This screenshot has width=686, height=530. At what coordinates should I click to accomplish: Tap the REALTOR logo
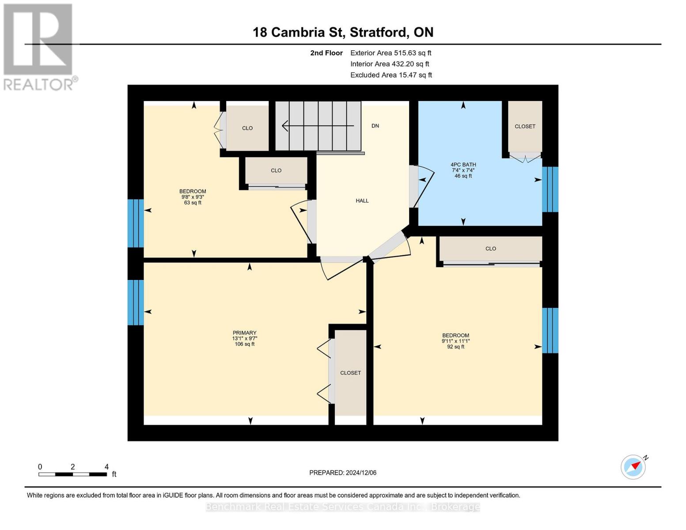pyautogui.click(x=39, y=46)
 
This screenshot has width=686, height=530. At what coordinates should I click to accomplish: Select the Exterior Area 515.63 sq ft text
pyautogui.click(x=390, y=53)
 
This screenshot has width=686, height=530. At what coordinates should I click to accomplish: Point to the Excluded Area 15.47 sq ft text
pyautogui.click(x=391, y=75)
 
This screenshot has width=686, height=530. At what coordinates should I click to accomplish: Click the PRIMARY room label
pyautogui.click(x=244, y=333)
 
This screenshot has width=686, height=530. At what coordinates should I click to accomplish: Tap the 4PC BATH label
pyautogui.click(x=463, y=165)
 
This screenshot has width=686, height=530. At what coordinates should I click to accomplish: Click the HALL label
pyautogui.click(x=362, y=201)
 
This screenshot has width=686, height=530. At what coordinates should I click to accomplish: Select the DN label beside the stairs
pyautogui.click(x=375, y=126)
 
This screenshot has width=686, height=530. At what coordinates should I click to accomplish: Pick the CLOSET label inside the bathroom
pyautogui.click(x=525, y=126)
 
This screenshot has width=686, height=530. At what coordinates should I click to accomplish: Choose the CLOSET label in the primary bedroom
pyautogui.click(x=350, y=373)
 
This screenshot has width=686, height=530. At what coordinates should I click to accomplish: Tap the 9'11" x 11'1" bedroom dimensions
pyautogui.click(x=455, y=341)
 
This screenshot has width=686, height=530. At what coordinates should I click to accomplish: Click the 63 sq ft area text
pyautogui.click(x=193, y=203)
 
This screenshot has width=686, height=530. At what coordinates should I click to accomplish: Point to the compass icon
pyautogui.click(x=633, y=466)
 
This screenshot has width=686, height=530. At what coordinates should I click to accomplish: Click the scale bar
pyautogui.click(x=72, y=474)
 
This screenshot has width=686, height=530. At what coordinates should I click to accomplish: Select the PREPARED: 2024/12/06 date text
pyautogui.click(x=343, y=473)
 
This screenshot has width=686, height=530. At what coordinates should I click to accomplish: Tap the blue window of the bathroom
pyautogui.click(x=550, y=189)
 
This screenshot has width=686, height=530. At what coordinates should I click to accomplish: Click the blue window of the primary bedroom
pyautogui.click(x=135, y=303)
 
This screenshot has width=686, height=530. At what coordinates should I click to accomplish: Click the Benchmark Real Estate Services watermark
pyautogui.click(x=343, y=507)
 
